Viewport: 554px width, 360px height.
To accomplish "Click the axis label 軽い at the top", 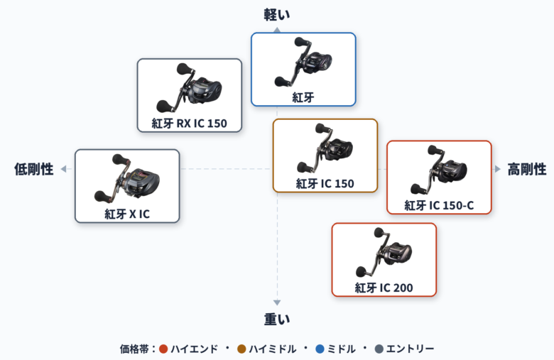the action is point(277,14).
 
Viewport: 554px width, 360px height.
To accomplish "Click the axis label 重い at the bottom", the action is point(277,319).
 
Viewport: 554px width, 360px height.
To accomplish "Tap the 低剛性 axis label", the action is point(34,169).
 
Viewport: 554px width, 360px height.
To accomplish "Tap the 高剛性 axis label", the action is point(527,169).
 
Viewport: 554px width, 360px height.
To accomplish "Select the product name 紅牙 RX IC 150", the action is point(190,124).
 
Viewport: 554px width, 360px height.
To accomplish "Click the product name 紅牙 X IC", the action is point(127,214).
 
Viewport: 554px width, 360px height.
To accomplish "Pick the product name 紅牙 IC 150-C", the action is point(439,205).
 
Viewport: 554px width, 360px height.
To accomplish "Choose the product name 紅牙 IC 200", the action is point(384,288).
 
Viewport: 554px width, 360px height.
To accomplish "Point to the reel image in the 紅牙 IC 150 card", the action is point(325,148).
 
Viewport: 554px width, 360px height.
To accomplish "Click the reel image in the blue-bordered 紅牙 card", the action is point(303,62).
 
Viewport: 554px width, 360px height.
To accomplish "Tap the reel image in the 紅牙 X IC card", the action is point(127,178).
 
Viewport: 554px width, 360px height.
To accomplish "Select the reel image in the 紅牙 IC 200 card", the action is point(384,252).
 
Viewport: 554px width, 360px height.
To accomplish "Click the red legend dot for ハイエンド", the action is point(163,349).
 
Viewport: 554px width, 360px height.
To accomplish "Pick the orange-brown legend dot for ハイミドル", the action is point(241,349).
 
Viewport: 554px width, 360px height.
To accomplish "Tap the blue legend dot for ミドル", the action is point(320,349).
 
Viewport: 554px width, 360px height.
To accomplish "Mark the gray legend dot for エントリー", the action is point(379,349).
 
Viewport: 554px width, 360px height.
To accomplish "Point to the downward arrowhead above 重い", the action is point(277,302).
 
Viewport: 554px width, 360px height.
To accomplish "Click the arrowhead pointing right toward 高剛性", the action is point(498,169).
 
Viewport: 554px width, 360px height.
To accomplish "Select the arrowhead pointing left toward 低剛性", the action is point(63,169).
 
